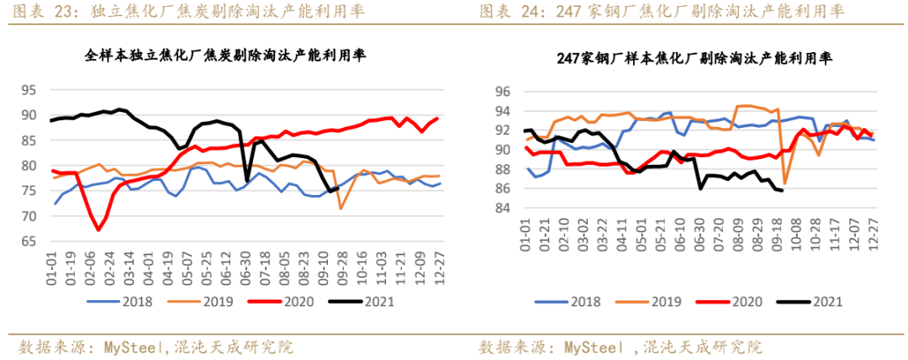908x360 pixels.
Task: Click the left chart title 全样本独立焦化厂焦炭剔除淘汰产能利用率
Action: (x=230, y=56)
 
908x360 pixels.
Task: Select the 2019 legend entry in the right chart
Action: (x=657, y=301)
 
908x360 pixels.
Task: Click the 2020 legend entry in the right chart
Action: (x=739, y=301)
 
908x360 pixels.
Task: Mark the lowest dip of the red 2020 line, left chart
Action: (x=98, y=230)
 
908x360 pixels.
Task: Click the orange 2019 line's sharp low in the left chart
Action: (x=341, y=209)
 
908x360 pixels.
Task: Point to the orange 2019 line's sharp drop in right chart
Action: (x=785, y=183)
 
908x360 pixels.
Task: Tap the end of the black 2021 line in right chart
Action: (x=783, y=191)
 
